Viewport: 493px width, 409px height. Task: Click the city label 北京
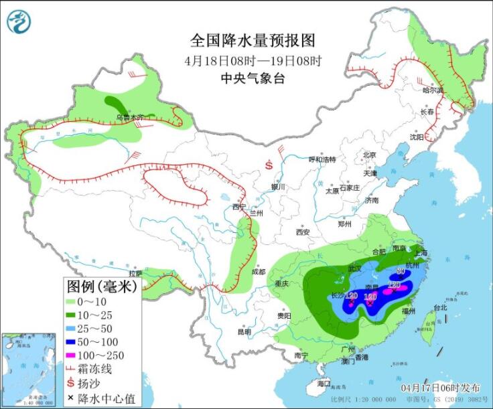369,155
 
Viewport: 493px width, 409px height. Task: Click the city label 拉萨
136,274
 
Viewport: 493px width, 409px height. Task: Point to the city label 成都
259,272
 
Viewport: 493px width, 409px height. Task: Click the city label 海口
324,384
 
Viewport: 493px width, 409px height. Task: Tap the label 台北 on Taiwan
440,308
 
